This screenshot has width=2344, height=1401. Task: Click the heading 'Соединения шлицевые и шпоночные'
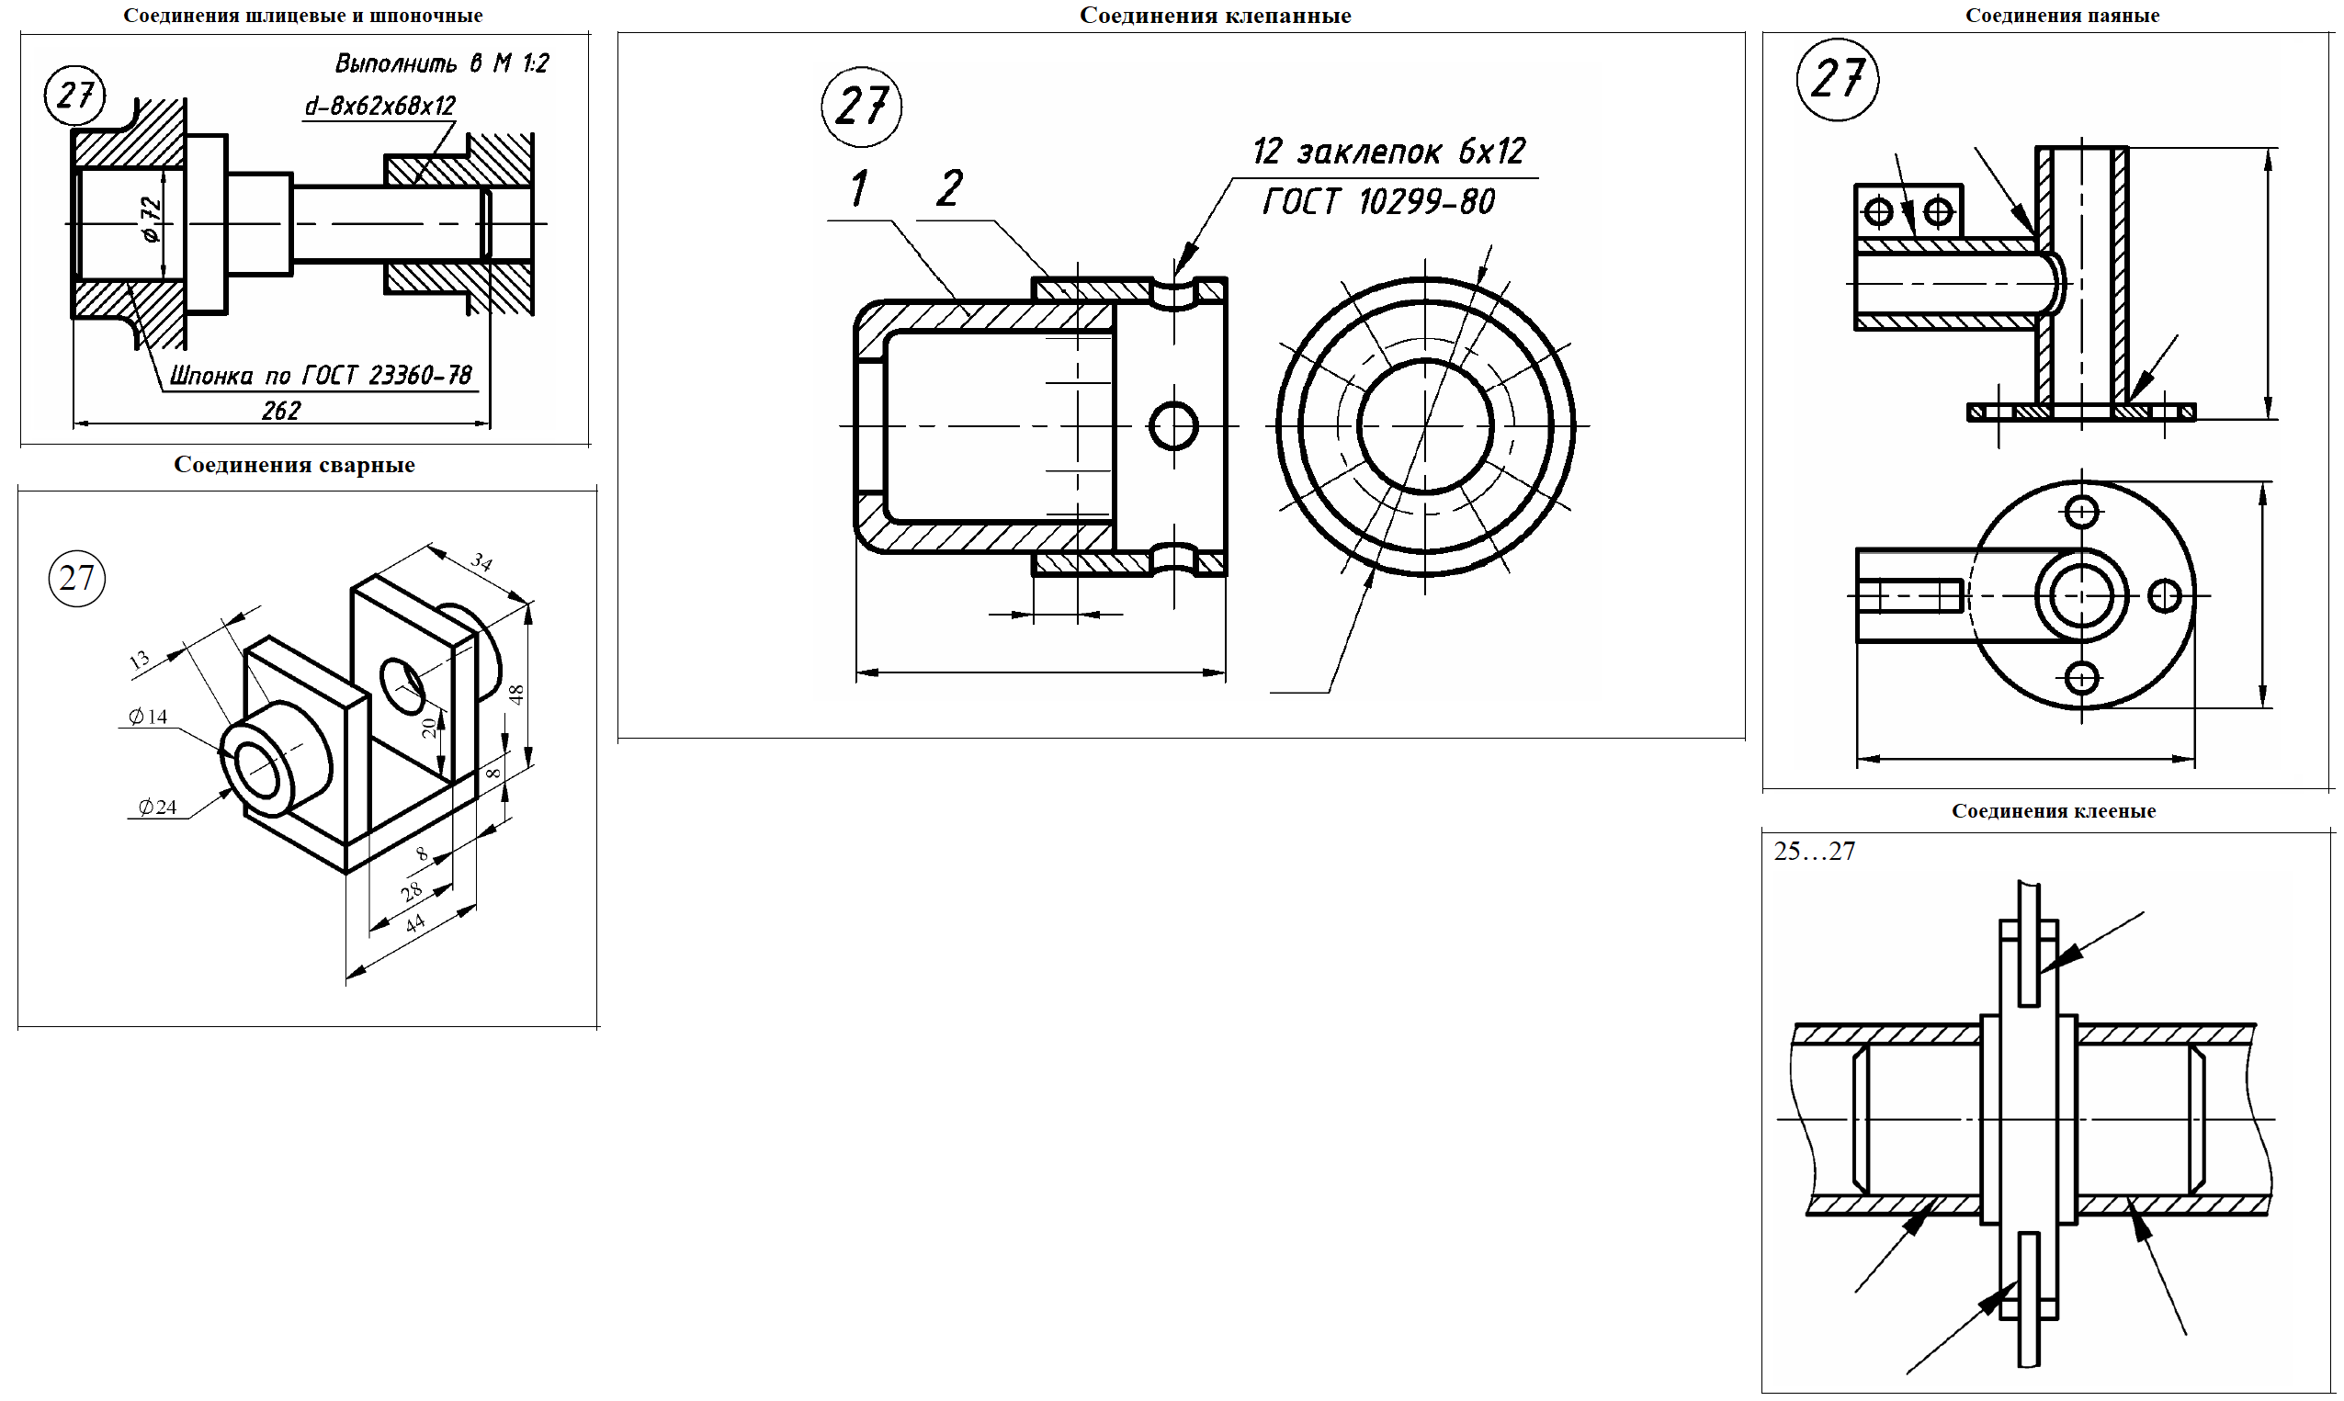(302, 15)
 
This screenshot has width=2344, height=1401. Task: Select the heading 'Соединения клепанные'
(1215, 15)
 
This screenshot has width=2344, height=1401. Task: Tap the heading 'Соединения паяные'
(2062, 15)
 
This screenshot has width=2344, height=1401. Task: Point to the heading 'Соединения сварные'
(294, 465)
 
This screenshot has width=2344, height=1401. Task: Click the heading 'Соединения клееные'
(2054, 811)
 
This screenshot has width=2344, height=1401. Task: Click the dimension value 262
(280, 411)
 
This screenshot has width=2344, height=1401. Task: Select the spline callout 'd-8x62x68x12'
(379, 106)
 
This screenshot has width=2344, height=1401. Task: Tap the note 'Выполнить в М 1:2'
(441, 63)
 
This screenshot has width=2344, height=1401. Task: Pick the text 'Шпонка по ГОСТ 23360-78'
(320, 376)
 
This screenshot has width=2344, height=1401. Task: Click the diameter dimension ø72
(151, 220)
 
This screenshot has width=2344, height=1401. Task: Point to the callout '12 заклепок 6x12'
(1387, 151)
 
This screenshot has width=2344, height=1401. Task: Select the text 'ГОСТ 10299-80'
(1378, 201)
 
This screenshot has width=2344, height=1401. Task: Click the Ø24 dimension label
(157, 808)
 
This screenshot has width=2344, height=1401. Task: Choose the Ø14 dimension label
(147, 717)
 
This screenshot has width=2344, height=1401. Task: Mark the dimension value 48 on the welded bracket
(515, 695)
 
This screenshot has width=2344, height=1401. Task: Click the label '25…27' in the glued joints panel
(1814, 852)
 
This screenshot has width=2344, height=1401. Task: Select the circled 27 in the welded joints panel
(76, 578)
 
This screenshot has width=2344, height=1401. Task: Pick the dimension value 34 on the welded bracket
(481, 562)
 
